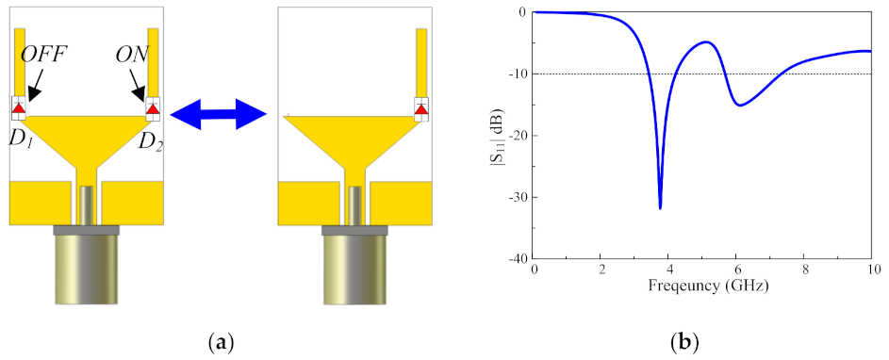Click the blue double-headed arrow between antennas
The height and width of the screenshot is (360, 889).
click(x=219, y=116)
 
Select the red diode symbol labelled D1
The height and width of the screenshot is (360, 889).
click(x=19, y=107)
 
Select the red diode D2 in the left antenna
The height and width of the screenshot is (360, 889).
click(x=153, y=107)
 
